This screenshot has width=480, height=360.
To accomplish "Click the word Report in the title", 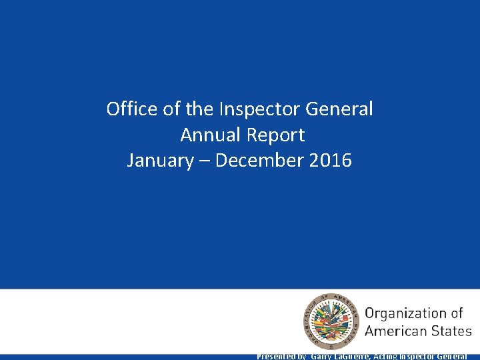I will tap(275, 135).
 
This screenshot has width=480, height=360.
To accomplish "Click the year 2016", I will tap(331, 161).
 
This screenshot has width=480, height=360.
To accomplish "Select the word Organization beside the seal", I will tap(414, 313).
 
